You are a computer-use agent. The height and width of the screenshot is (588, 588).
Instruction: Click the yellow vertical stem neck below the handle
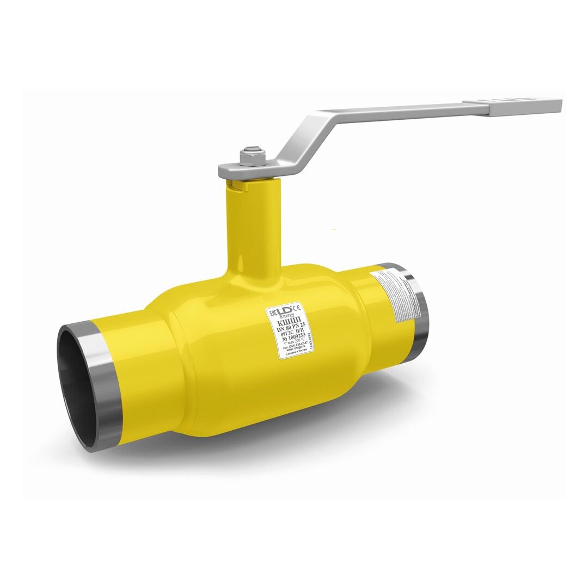point(252,229)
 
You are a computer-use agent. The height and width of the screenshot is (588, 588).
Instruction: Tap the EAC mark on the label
point(272,315)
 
